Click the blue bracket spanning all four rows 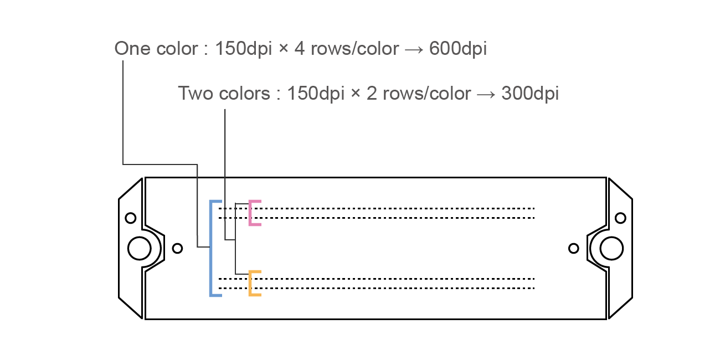pyautogui.click(x=211, y=248)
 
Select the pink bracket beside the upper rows pyautogui.click(x=251, y=213)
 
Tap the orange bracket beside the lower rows pyautogui.click(x=251, y=283)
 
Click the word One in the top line pyautogui.click(x=131, y=49)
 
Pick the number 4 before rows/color pyautogui.click(x=300, y=49)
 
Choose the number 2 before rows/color pyautogui.click(x=372, y=93)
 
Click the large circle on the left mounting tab pyautogui.click(x=139, y=248)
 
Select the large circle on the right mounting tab pyautogui.click(x=611, y=248)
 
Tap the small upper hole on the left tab pyautogui.click(x=131, y=218)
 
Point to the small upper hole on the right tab pyautogui.click(x=620, y=218)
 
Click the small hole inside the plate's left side pyautogui.click(x=177, y=248)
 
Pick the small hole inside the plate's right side pyautogui.click(x=574, y=248)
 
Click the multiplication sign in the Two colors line pyautogui.click(x=356, y=94)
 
